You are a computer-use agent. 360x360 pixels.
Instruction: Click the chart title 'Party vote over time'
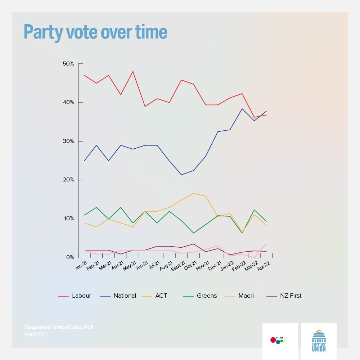click(95, 32)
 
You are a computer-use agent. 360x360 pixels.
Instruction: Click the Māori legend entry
click(246, 296)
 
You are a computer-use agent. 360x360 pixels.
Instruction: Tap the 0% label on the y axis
click(70, 257)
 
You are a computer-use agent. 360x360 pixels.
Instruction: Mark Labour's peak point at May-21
click(133, 71)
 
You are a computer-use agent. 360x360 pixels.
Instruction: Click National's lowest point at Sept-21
click(181, 175)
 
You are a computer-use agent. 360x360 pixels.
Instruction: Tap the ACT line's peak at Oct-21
click(193, 193)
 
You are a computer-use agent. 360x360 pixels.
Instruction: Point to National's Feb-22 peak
click(242, 109)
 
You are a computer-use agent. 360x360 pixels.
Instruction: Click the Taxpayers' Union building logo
click(319, 341)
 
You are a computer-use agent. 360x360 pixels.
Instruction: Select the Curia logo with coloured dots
click(280, 340)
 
